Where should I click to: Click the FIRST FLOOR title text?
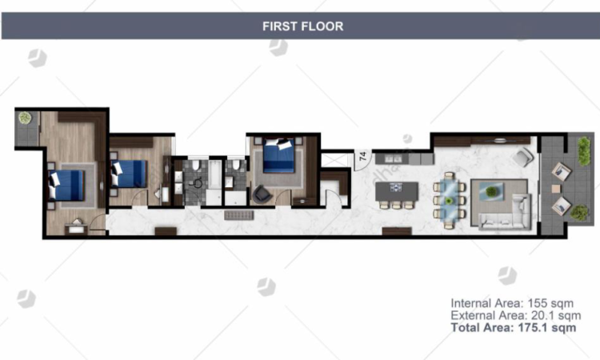pyautogui.click(x=302, y=26)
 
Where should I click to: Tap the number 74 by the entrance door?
pyautogui.click(x=362, y=156)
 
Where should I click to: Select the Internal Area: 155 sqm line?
pyautogui.click(x=512, y=303)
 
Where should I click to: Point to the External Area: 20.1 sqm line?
pyautogui.click(x=515, y=316)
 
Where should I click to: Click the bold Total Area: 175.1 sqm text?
pyautogui.click(x=513, y=328)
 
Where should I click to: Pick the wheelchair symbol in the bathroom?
pyautogui.click(x=198, y=182)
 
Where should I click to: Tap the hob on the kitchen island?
pyautogui.click(x=396, y=187)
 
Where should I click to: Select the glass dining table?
pyautogui.click(x=449, y=200)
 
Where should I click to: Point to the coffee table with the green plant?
pyautogui.click(x=491, y=190)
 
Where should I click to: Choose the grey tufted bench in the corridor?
pyautogui.click(x=238, y=215)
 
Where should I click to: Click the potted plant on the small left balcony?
pyautogui.click(x=26, y=118)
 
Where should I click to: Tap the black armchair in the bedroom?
pyautogui.click(x=262, y=194)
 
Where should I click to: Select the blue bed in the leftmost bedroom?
pyautogui.click(x=66, y=185)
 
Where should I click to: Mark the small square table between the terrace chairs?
pyautogui.click(x=556, y=189)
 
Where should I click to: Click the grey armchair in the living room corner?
pyautogui.click(x=522, y=158)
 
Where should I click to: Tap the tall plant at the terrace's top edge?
pyautogui.click(x=583, y=151)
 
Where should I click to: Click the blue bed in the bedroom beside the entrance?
pyautogui.click(x=279, y=156)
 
